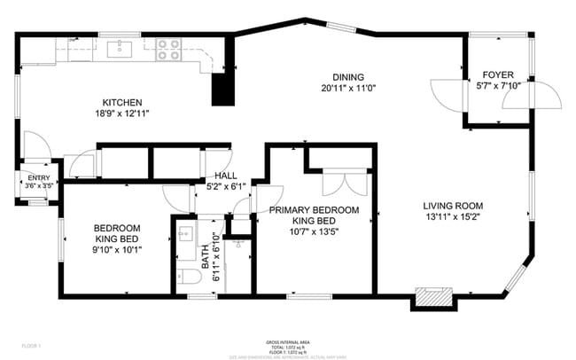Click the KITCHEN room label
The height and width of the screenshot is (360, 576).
[122, 103]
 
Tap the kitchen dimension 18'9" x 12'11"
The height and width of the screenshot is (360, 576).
[122, 114]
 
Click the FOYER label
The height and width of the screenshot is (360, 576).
[497, 74]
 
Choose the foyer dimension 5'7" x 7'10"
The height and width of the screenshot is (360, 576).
[497, 86]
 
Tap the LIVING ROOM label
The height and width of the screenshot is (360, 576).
[451, 204]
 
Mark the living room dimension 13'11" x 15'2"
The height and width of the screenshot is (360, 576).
[451, 215]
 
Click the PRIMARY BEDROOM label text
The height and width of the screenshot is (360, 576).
[315, 210]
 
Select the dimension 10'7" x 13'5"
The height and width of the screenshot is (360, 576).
[315, 233]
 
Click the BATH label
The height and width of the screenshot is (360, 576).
[206, 258]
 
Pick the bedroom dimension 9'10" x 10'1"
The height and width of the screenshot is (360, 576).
[118, 249]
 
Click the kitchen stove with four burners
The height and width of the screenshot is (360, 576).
[168, 50]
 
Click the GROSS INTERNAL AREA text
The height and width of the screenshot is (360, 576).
[287, 341]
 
